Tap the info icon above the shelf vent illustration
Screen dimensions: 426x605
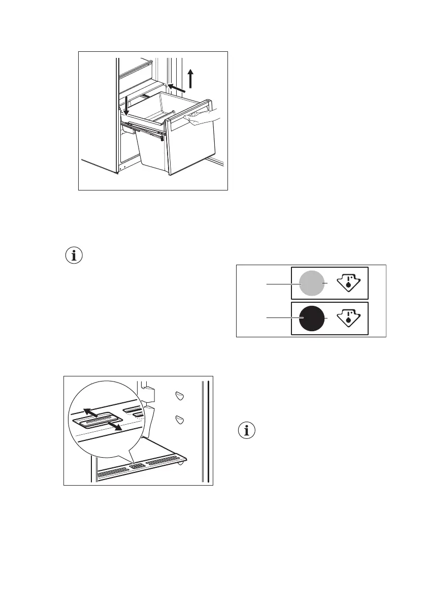pos(75,256)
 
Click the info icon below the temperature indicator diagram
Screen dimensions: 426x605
pos(247,431)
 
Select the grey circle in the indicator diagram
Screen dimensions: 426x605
pos(311,283)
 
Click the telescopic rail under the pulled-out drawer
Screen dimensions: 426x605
pos(145,131)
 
